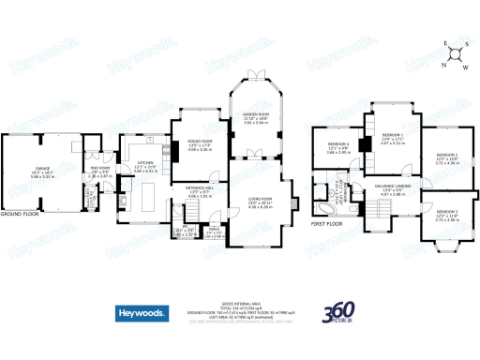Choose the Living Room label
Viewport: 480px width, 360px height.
[260, 199]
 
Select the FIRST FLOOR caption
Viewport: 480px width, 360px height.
[327, 226]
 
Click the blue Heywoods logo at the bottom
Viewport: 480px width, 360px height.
[143, 313]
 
